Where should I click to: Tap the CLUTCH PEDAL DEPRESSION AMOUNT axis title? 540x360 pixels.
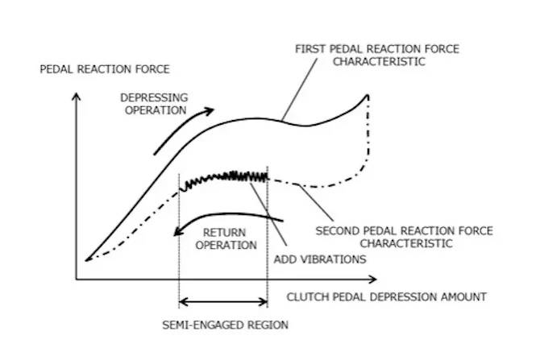pyautogui.click(x=387, y=297)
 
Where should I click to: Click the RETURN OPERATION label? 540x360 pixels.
pyautogui.click(x=230, y=238)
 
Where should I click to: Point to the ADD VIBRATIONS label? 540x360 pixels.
pyautogui.click(x=319, y=259)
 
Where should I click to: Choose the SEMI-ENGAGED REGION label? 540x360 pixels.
pyautogui.click(x=222, y=325)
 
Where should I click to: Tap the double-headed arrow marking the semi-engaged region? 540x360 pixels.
pyautogui.click(x=222, y=303)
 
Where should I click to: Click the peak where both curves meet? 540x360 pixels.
pyautogui.click(x=368, y=96)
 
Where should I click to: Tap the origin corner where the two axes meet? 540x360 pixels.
pyautogui.click(x=77, y=279)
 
